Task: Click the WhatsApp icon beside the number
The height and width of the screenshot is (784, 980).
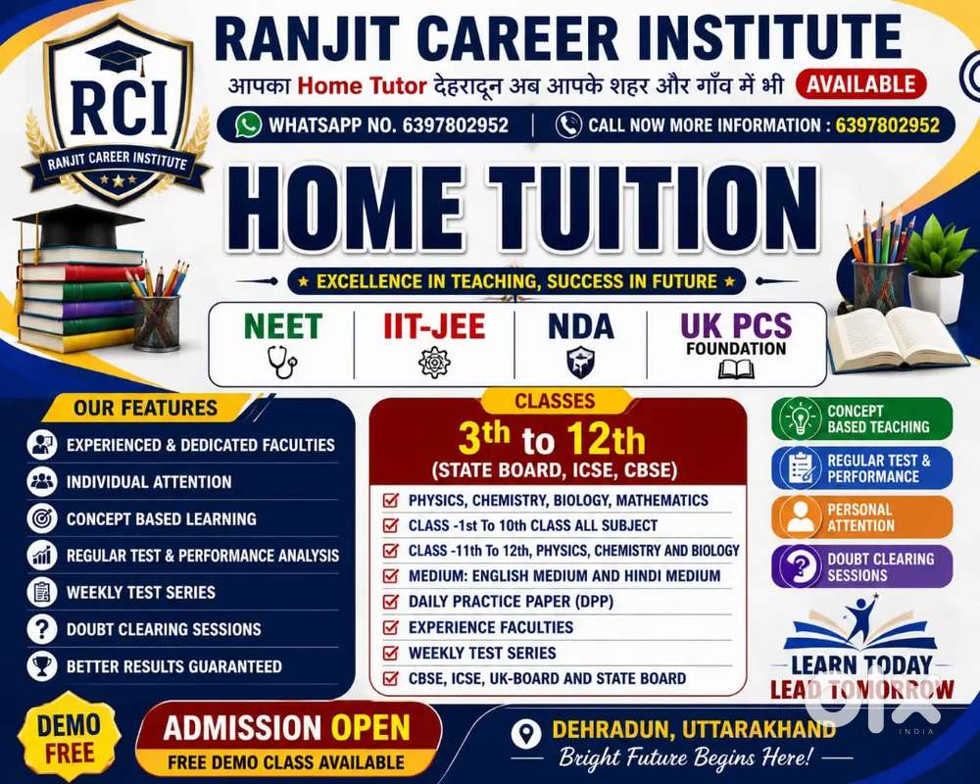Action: [248, 124]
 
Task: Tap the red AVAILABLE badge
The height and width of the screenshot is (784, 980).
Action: [860, 84]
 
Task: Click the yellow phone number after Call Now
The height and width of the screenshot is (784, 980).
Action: [887, 125]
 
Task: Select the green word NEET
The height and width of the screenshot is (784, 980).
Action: [283, 326]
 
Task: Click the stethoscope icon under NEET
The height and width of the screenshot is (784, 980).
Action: [282, 363]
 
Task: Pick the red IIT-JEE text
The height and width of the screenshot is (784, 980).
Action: [434, 326]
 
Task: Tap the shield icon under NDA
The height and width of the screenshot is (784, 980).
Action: [580, 364]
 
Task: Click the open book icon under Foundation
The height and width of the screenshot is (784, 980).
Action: [736, 368]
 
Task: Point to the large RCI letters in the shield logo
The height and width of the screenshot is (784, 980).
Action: [119, 108]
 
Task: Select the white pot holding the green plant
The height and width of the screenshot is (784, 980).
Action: [936, 296]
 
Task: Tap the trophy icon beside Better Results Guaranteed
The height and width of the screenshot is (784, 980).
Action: [42, 665]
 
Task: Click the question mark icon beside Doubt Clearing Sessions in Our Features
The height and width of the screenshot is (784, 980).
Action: [42, 629]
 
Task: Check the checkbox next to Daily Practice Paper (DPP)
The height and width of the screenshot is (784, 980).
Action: [391, 602]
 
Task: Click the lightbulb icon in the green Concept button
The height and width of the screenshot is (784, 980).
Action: [800, 418]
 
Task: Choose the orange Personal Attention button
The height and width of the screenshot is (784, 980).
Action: [861, 517]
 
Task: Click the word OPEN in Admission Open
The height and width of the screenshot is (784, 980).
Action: [370, 728]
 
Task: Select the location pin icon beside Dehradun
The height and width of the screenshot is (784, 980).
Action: [526, 733]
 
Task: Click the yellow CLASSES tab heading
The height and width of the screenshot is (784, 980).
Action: [555, 401]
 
